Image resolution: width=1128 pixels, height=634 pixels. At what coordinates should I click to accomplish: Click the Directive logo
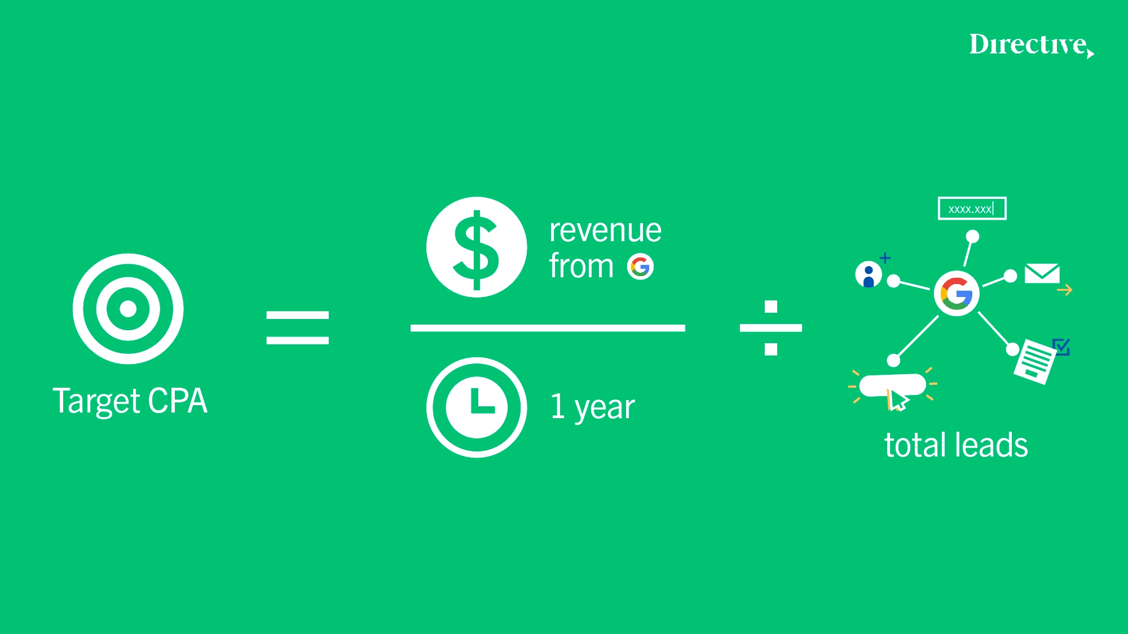[x=1032, y=45]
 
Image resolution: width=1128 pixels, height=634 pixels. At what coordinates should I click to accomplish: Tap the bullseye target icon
[x=128, y=309]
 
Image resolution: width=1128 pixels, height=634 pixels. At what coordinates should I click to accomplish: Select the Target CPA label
[x=130, y=401]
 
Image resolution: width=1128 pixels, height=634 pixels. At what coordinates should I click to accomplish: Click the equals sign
[x=297, y=327]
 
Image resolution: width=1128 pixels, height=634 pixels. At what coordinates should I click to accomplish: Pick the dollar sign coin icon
[x=477, y=247]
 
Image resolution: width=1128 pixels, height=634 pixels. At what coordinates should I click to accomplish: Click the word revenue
[x=605, y=230]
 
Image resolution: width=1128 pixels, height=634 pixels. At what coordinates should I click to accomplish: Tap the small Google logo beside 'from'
[x=641, y=267]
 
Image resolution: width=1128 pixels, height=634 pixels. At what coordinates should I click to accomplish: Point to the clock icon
[x=477, y=407]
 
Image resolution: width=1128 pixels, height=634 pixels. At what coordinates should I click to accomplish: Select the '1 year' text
[x=592, y=407]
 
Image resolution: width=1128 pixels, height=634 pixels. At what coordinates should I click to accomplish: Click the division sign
[x=771, y=328]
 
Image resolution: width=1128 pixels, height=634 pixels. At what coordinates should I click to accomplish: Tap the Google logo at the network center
[x=957, y=294]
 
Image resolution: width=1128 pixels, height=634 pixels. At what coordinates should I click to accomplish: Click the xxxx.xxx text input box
[x=972, y=209]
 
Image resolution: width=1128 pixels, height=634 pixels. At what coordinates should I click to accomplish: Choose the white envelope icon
[x=1042, y=273]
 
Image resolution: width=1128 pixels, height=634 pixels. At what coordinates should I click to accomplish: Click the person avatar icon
[x=869, y=275]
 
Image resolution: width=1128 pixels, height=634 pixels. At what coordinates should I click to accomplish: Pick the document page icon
[x=1035, y=361]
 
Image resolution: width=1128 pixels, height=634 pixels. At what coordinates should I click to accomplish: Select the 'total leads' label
[x=956, y=445]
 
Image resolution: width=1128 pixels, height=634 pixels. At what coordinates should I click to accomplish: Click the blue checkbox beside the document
[x=1061, y=347]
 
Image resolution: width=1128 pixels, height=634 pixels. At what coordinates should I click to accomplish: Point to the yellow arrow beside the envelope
[x=1065, y=290]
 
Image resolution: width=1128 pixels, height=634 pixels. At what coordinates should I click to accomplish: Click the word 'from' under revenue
[x=581, y=266]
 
